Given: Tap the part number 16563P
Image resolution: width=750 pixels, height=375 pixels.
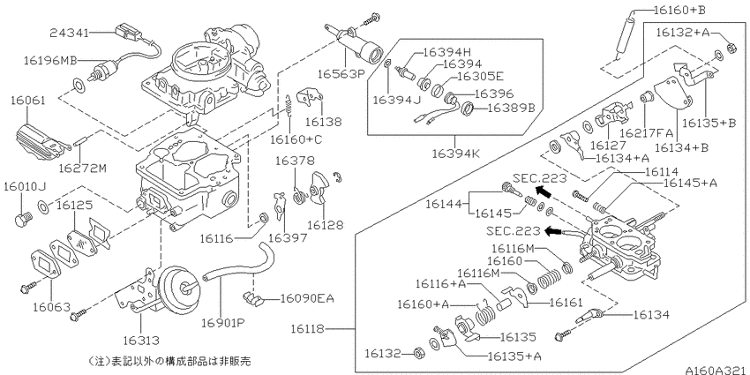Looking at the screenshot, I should coord(329,74).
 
